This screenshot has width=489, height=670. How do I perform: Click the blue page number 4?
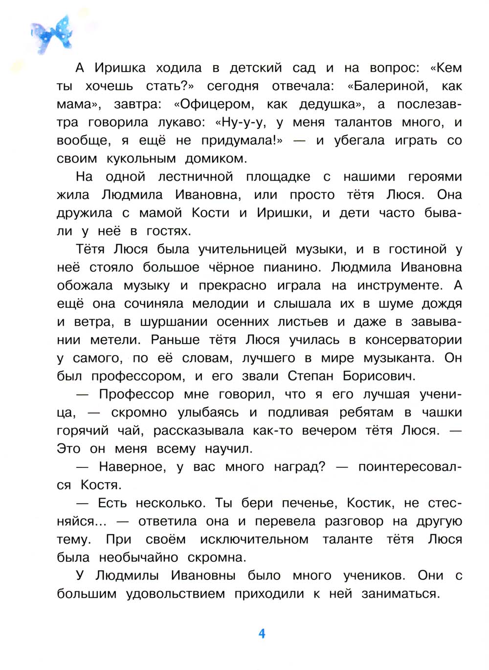(x=262, y=634)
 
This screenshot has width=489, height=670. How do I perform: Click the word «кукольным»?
(x=141, y=159)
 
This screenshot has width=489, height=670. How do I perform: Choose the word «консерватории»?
(x=413, y=340)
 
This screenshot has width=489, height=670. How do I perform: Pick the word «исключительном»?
(x=254, y=539)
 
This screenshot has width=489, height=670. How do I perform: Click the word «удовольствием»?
(x=176, y=594)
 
